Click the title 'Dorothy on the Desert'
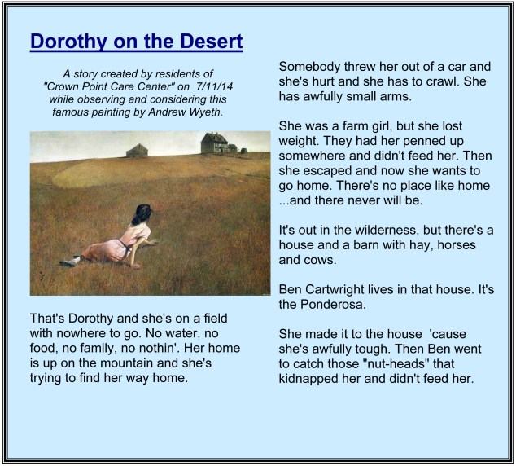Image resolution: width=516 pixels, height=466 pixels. click(x=136, y=42)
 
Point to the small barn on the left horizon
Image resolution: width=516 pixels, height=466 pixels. click(x=137, y=151)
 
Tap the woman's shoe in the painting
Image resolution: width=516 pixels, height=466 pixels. click(x=71, y=261)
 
